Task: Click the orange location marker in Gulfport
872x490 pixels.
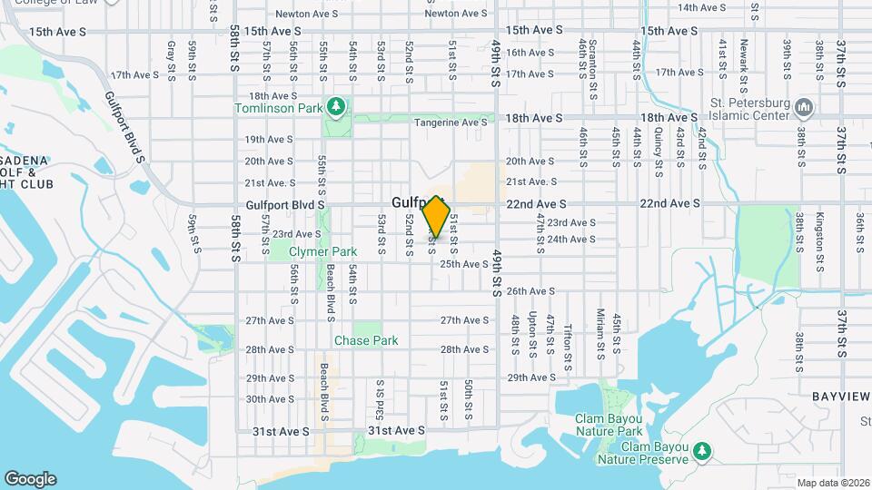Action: point(437,216)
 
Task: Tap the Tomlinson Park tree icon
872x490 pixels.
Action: point(337,108)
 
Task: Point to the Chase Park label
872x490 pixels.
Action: point(366,341)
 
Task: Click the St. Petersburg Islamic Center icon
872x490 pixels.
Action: point(802,109)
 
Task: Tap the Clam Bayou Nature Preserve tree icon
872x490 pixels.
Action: point(701,451)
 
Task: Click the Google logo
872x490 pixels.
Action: point(30,479)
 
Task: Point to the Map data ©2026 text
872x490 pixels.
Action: point(833,482)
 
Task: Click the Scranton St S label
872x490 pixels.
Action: point(591,60)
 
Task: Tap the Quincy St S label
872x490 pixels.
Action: point(659,147)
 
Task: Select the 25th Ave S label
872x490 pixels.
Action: point(464,264)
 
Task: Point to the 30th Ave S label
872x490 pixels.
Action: point(269,399)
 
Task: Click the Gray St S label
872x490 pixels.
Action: point(171,57)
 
